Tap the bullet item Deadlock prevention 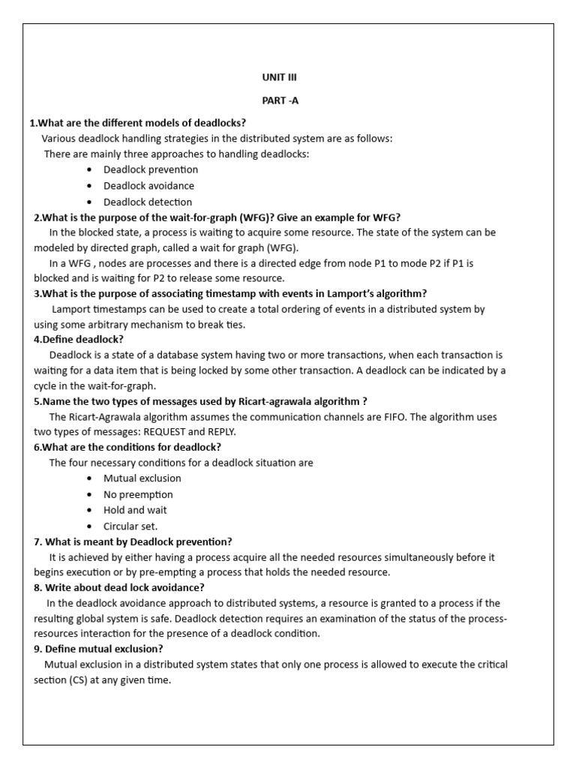pyautogui.click(x=151, y=169)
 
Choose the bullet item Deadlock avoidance pyautogui.click(x=148, y=185)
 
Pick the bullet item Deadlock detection pyautogui.click(x=148, y=202)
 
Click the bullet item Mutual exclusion pyautogui.click(x=142, y=478)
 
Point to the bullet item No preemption pyautogui.click(x=138, y=494)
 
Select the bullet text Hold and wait pyautogui.click(x=136, y=510)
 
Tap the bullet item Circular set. pyautogui.click(x=130, y=526)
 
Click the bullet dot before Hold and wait pyautogui.click(x=89, y=511)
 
